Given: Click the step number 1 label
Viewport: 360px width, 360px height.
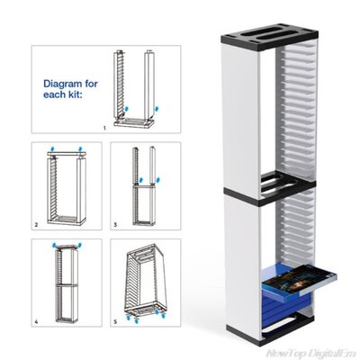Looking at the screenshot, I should (104, 129).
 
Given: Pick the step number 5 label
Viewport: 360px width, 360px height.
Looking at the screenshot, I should (114, 321).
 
